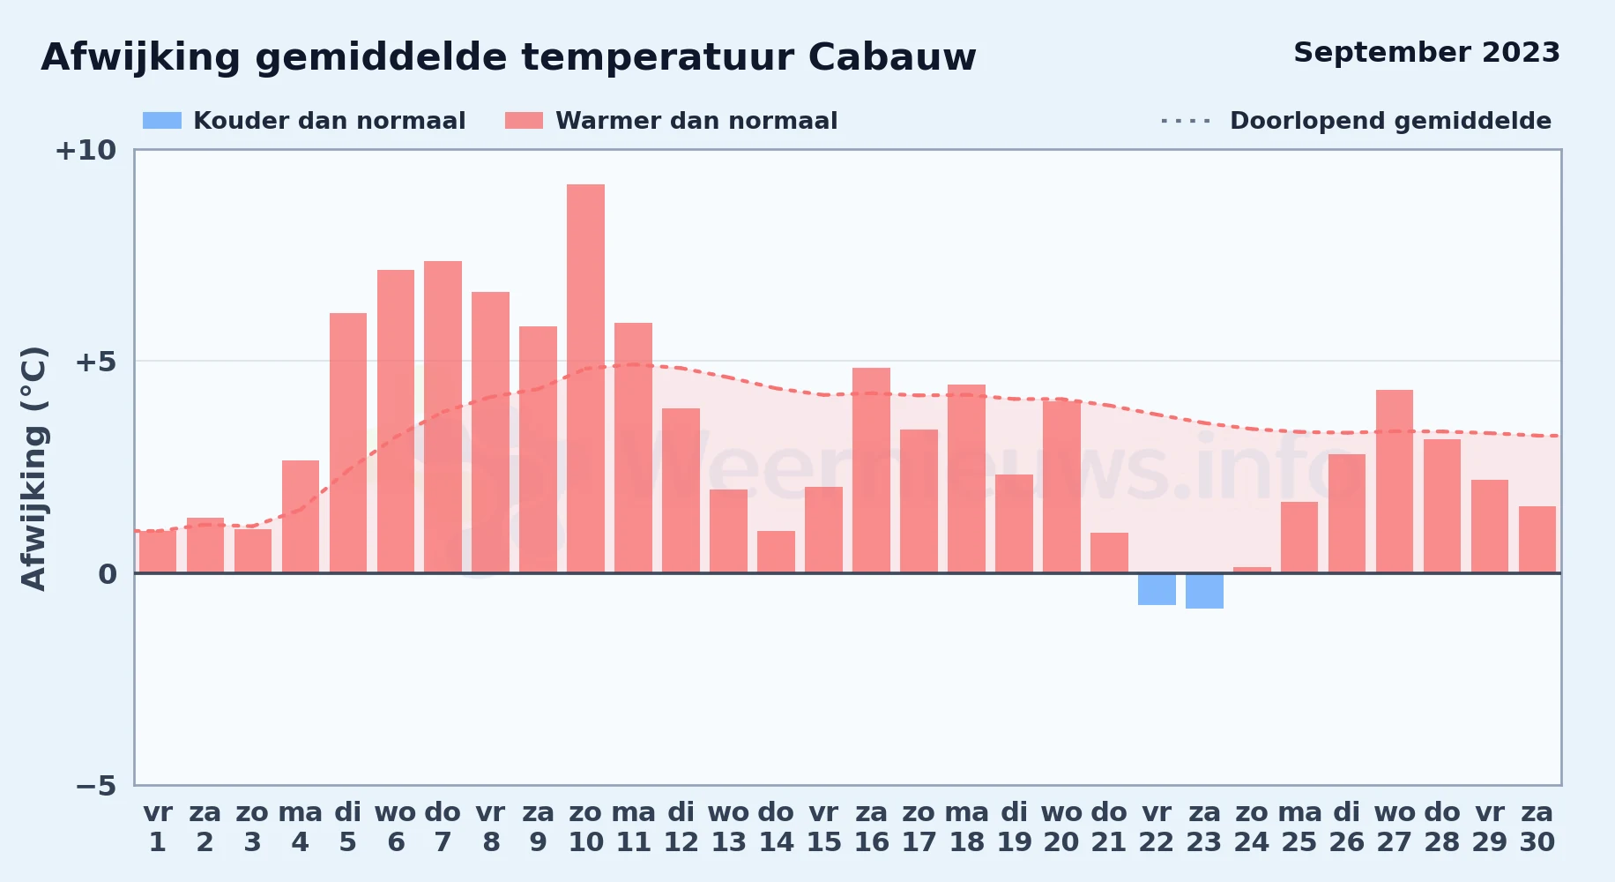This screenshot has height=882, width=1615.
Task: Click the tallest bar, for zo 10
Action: pos(585,378)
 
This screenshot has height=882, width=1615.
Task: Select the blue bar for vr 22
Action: pos(1157,589)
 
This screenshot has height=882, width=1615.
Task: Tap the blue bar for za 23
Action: pos(1204,591)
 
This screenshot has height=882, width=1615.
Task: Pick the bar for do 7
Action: pos(443,417)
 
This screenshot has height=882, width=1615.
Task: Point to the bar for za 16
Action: pos(871,470)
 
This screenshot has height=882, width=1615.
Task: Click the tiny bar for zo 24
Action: pos(1252,570)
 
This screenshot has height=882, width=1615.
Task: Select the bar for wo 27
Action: pos(1395,482)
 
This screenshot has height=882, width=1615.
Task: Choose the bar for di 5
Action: pos(348,443)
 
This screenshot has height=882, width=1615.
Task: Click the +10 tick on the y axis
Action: pos(86,150)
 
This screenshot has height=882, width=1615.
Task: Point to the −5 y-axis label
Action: pos(95,785)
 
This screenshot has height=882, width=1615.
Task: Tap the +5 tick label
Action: pos(95,362)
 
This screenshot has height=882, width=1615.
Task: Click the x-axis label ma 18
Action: pos(967,826)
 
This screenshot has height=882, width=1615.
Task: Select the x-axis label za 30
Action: pos(1537,826)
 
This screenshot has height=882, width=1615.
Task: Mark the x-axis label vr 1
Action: pos(158,826)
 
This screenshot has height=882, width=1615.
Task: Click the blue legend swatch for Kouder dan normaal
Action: pos(162,121)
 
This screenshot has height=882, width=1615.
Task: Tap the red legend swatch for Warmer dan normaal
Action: pos(524,121)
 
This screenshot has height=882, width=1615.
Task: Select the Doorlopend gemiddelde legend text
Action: pos(1390,121)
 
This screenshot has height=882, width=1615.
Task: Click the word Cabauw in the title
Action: pos(892,57)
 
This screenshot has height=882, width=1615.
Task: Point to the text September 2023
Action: pos(1426,53)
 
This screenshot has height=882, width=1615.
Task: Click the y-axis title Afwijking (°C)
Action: pos(33,468)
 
